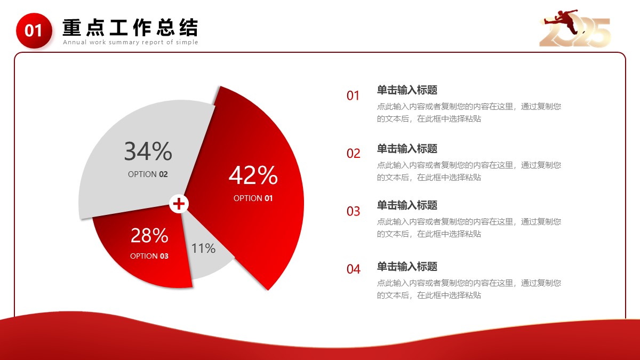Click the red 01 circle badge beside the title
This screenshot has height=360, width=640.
point(34,30)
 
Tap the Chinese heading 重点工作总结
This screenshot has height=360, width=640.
point(130,27)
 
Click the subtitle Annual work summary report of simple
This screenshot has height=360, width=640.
point(131,42)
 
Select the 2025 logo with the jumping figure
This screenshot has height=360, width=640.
point(575,29)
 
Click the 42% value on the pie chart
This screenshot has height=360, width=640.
point(253,175)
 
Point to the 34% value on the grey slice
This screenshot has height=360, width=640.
point(148,151)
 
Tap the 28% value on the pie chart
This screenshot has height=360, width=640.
point(149,235)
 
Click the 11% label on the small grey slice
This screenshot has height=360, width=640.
point(203,248)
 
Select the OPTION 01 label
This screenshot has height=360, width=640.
point(253,198)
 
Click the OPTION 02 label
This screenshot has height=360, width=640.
point(148,174)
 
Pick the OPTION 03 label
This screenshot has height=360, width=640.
point(149,256)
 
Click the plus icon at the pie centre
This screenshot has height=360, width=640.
point(179,204)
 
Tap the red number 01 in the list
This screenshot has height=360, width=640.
point(353,95)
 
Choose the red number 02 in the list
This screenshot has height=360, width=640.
point(354,154)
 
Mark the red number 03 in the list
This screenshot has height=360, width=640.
point(354,211)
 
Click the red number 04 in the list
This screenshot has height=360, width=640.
point(354,269)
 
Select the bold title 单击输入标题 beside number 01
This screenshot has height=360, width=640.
point(407,90)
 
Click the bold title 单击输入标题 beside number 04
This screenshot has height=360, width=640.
point(407,267)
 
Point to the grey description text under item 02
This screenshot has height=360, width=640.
point(469,171)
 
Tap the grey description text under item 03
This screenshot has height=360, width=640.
point(469,228)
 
